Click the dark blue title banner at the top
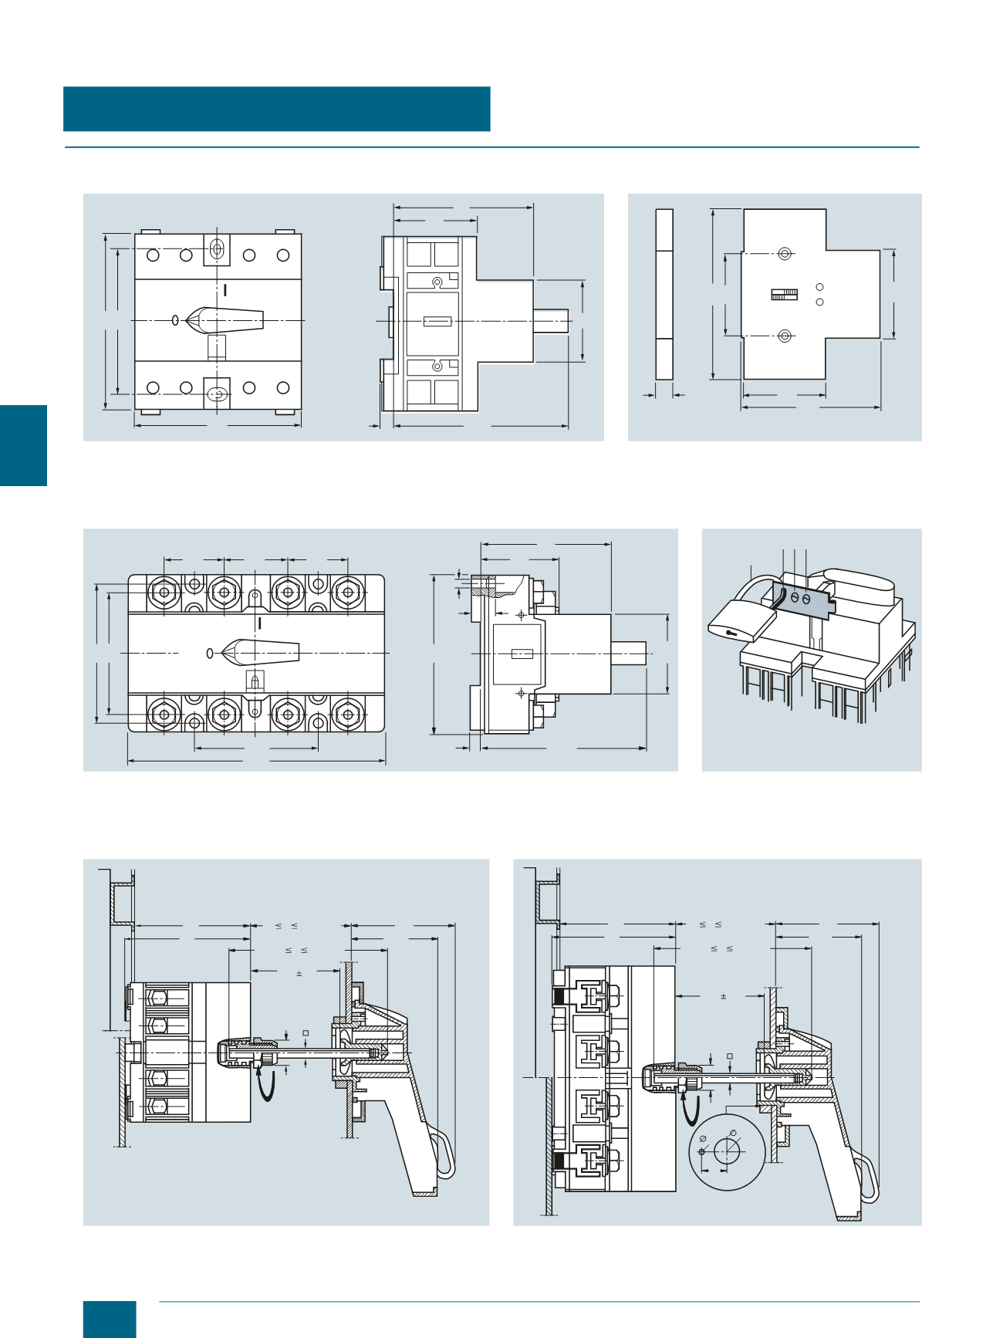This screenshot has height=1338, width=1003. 276,109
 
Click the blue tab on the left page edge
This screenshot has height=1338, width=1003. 23,445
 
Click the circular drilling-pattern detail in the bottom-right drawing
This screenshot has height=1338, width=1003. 727,1152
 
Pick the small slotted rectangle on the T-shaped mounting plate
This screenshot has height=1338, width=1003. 784,294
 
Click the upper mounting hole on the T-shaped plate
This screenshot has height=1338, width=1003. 785,253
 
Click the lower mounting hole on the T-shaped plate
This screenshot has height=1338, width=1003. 785,336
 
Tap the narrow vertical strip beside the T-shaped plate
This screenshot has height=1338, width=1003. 664,294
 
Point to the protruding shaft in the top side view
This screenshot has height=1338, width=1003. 551,321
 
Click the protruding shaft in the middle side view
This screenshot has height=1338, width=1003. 629,654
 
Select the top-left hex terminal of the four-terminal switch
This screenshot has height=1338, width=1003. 164,593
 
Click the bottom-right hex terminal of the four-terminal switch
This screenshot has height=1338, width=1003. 347,715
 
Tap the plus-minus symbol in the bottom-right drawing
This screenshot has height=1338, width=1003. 724,997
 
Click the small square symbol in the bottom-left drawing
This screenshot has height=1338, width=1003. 306,1033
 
